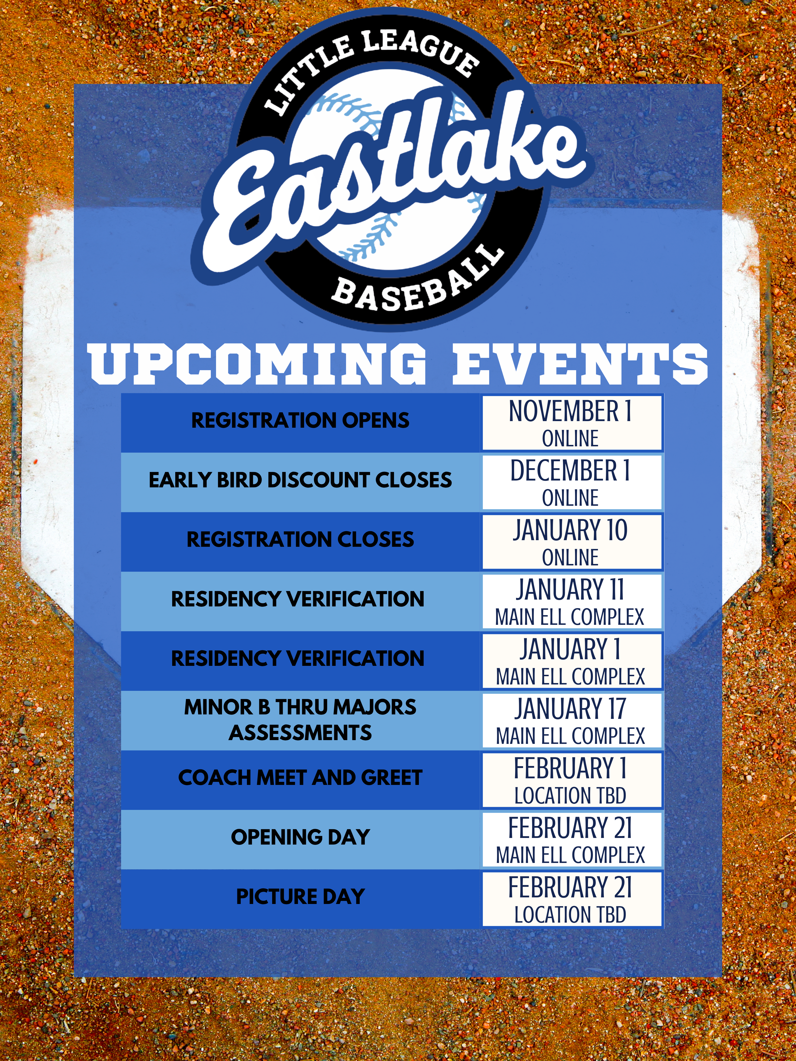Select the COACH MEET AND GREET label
point(300,778)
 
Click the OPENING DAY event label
point(300,837)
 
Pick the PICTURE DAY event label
point(300,896)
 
